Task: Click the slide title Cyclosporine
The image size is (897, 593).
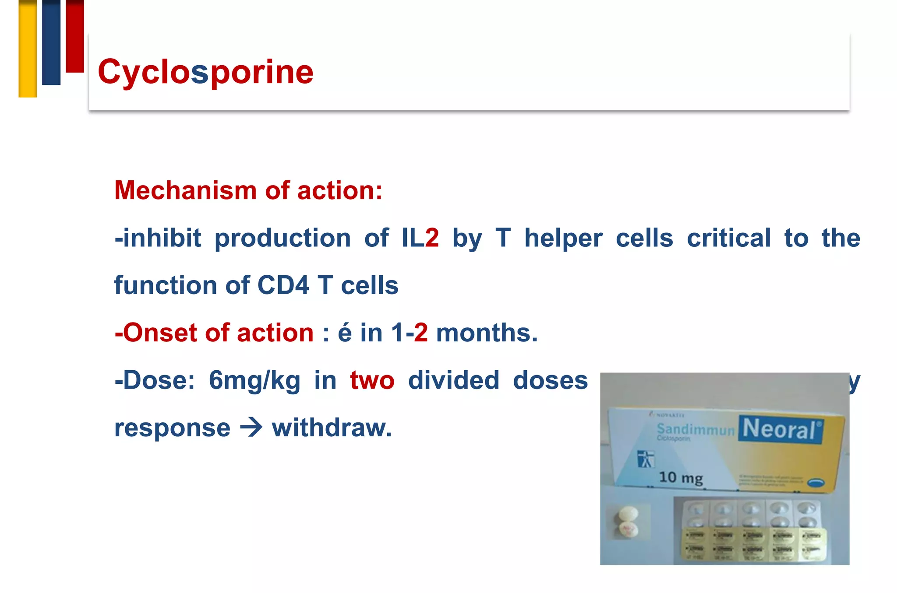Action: [x=205, y=72]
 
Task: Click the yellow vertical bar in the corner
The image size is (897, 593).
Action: [x=28, y=48]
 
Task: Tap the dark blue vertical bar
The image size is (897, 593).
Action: [x=51, y=42]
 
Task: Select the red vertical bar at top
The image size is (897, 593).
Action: [x=75, y=36]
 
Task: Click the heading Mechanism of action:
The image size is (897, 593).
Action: [x=248, y=191]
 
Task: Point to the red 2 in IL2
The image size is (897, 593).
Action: [x=432, y=238]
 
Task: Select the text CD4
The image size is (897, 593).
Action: [x=283, y=285]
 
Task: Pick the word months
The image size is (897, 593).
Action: [x=486, y=333]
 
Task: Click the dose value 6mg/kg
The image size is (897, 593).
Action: [x=254, y=380]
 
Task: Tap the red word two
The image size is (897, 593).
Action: [x=372, y=380]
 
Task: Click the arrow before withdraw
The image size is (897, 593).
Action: [x=251, y=428]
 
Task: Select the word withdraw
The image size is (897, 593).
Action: [x=331, y=428]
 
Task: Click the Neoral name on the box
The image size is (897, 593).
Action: [x=780, y=429]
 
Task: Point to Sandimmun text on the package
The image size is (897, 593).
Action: [x=696, y=429]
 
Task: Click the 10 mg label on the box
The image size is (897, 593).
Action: [x=681, y=477]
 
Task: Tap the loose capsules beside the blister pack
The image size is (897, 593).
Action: [x=628, y=522]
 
